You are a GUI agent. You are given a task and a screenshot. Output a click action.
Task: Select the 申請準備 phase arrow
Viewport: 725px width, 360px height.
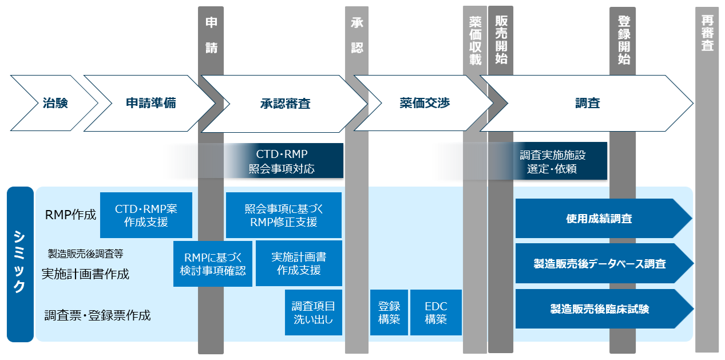[150, 103]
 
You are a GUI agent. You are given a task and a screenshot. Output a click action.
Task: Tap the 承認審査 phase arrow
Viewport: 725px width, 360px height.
[285, 104]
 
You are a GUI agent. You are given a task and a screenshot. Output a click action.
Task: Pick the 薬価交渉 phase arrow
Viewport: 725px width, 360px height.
[425, 103]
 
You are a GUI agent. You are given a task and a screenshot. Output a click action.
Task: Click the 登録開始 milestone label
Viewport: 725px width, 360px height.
[624, 40]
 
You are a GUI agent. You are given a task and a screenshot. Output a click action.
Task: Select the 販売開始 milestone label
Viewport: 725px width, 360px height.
[501, 40]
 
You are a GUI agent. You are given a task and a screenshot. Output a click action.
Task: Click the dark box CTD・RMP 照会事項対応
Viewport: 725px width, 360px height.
[282, 161]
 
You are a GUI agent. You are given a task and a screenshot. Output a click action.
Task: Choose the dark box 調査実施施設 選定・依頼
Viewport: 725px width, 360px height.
[552, 162]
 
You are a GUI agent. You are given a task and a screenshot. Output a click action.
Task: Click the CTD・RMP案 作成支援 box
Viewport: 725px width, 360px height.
[146, 215]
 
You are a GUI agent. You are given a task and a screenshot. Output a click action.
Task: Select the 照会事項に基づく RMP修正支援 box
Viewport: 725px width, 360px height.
[283, 215]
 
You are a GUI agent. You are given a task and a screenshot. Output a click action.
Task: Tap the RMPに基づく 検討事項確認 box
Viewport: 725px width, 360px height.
[213, 263]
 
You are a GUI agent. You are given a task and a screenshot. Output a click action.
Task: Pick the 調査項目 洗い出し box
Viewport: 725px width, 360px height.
[313, 312]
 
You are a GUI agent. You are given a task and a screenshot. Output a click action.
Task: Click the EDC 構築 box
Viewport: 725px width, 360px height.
[435, 312]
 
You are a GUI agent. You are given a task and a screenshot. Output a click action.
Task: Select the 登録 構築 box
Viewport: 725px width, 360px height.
[389, 312]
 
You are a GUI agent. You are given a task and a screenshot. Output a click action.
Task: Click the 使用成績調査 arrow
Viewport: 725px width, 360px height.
[599, 219]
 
